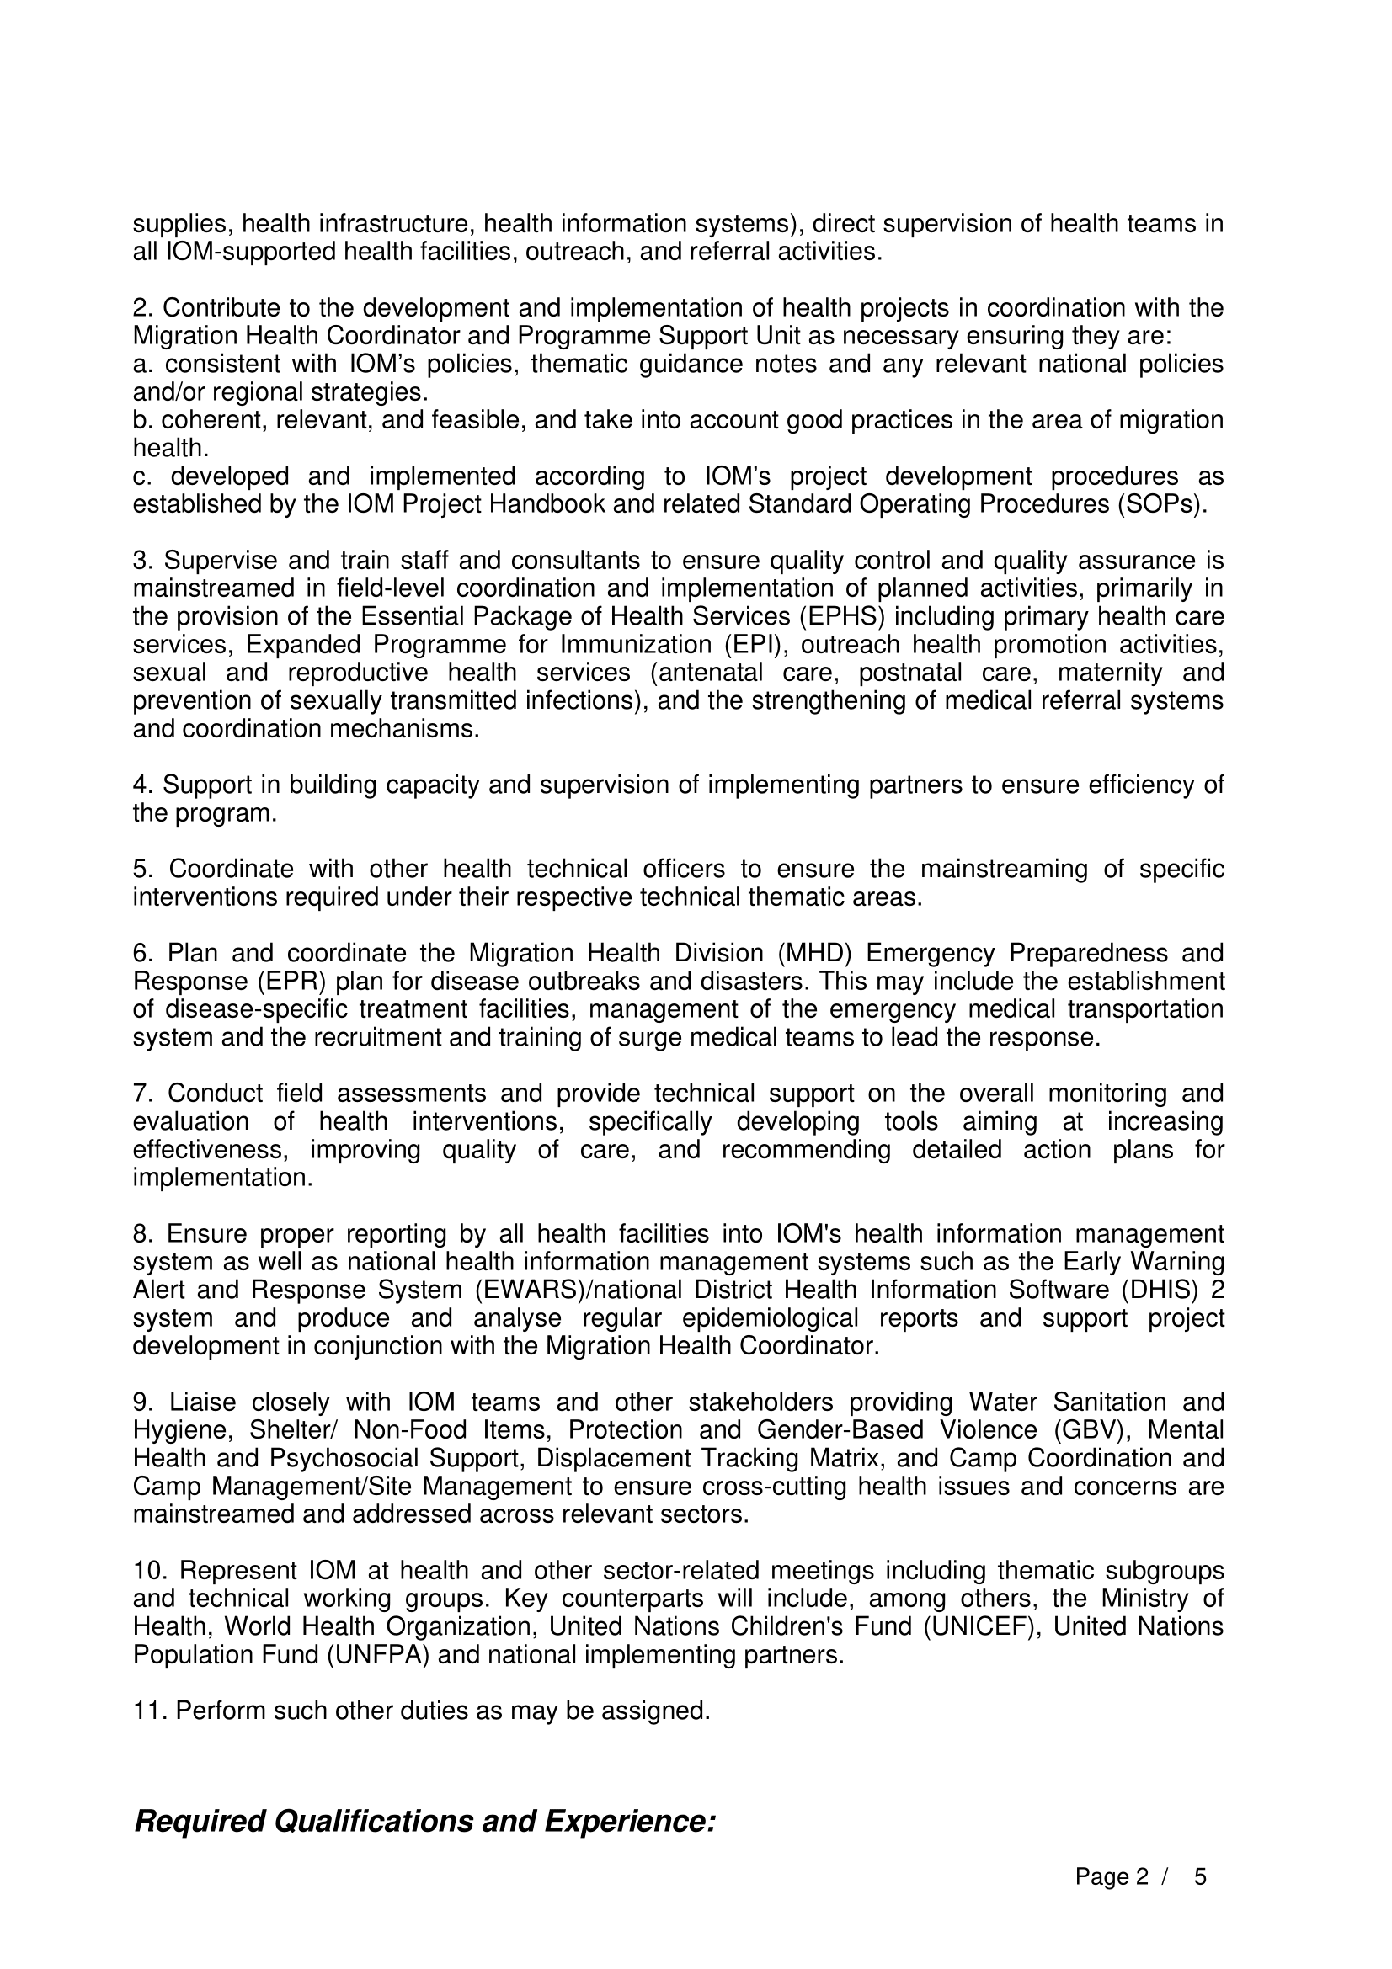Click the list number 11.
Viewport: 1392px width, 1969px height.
(150, 1711)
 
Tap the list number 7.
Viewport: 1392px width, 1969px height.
(143, 1094)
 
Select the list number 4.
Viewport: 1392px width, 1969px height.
(143, 785)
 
